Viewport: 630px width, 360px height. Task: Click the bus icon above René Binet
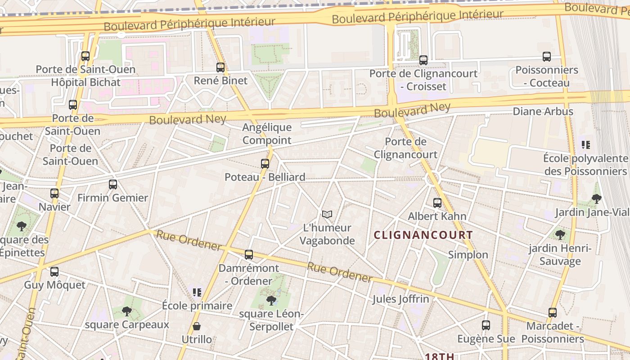click(220, 67)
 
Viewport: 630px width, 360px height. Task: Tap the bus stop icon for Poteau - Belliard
click(265, 164)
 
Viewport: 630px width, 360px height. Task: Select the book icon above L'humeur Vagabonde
click(327, 215)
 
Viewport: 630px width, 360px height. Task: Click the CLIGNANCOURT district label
click(423, 235)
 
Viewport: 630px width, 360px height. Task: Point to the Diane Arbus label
click(543, 112)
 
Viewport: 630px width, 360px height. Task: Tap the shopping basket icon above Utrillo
click(197, 326)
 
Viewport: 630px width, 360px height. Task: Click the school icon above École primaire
click(197, 292)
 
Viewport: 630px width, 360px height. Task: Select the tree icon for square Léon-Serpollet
click(271, 300)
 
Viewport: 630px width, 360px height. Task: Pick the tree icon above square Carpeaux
click(127, 311)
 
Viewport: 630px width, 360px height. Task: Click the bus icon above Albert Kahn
click(437, 203)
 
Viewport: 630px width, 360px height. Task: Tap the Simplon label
click(468, 255)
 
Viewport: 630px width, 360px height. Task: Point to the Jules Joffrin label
click(400, 299)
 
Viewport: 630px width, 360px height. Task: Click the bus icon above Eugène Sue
click(486, 325)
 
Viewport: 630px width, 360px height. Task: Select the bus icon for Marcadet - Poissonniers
click(553, 313)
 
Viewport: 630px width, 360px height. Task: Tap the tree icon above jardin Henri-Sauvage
click(560, 235)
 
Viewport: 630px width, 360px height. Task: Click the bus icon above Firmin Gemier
click(112, 184)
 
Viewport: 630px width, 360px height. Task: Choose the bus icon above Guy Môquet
click(54, 272)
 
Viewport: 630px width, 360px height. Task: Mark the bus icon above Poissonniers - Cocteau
click(547, 57)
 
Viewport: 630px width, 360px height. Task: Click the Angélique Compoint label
click(267, 134)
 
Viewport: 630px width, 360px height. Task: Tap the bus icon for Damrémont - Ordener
click(249, 255)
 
